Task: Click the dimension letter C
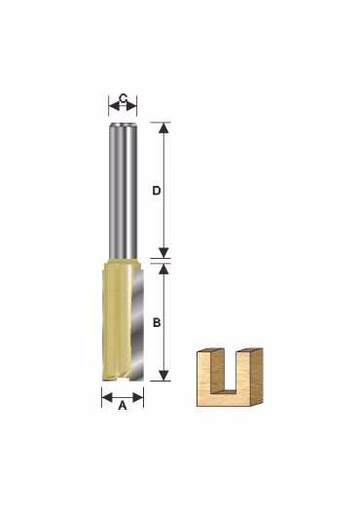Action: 123,98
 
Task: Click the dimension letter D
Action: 157,191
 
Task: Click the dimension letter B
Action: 157,323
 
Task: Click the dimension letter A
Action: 123,405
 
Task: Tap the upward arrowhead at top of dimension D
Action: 164,128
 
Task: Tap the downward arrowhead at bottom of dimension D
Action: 164,252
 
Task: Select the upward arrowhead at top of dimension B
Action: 164,269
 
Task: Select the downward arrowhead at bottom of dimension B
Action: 164,376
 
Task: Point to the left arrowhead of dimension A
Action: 107,397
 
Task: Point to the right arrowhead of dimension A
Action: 138,397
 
